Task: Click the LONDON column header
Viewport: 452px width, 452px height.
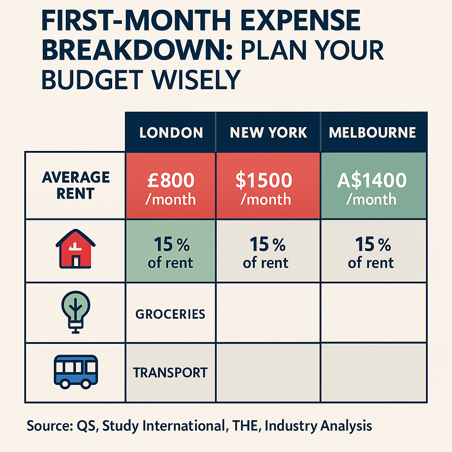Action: (171, 132)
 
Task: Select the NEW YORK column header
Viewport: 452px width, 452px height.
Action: (268, 132)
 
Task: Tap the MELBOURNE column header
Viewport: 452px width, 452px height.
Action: (373, 132)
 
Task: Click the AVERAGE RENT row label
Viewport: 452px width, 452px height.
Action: (75, 185)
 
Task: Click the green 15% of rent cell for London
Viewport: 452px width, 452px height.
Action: (171, 252)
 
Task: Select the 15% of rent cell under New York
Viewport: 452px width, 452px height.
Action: (268, 252)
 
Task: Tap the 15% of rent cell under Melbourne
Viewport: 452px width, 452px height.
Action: (373, 252)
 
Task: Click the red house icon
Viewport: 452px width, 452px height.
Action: (75, 250)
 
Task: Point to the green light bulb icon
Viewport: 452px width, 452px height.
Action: (75, 312)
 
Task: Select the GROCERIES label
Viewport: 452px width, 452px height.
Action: (170, 314)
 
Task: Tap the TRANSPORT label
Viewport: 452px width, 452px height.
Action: (170, 373)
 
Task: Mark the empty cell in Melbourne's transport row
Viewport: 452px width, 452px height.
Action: (373, 373)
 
